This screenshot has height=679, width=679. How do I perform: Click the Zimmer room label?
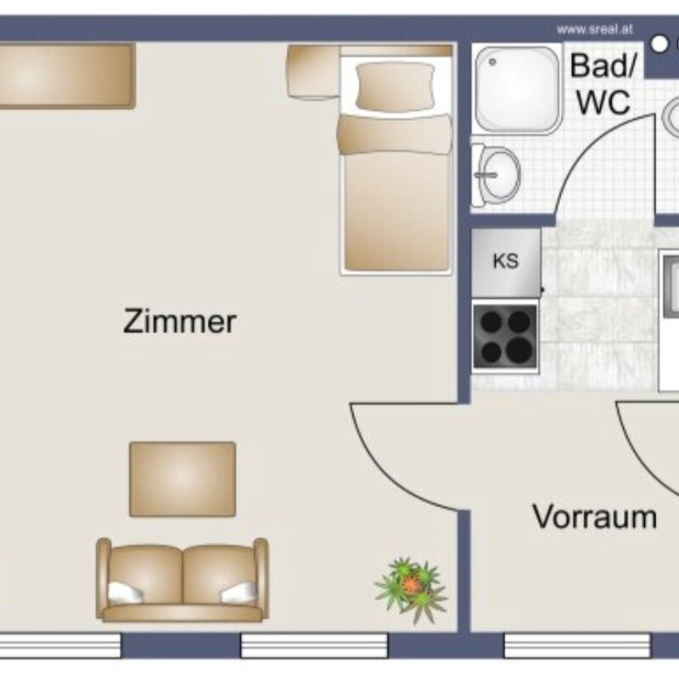(x=180, y=322)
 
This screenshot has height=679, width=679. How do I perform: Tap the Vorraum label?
(x=595, y=517)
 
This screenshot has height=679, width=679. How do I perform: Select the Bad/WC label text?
(x=603, y=84)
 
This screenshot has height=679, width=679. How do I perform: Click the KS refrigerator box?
(x=506, y=263)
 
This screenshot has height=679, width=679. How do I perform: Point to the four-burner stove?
(x=505, y=336)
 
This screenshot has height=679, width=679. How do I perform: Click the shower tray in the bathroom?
(x=518, y=90)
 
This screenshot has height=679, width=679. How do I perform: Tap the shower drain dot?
(x=492, y=62)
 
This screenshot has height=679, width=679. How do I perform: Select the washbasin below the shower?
(x=497, y=176)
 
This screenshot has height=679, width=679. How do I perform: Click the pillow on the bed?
(x=395, y=86)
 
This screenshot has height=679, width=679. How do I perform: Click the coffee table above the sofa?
(x=182, y=479)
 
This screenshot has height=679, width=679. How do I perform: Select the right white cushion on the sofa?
(x=239, y=592)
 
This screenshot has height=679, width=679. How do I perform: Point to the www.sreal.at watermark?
(x=595, y=30)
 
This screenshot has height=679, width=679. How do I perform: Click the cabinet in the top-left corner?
(x=66, y=76)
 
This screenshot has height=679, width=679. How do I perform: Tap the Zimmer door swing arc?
(x=383, y=477)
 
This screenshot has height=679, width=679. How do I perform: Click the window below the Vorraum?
(x=577, y=646)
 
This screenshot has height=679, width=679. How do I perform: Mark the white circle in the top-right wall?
(x=660, y=44)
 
